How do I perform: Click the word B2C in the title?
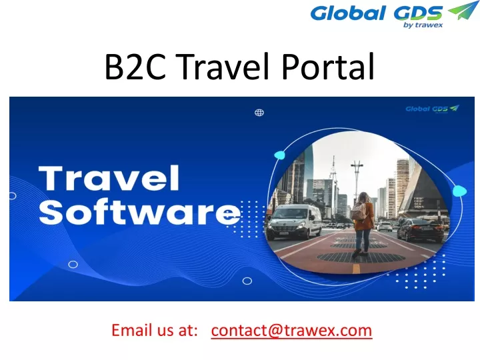(135, 67)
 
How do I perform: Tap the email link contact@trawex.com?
(291, 331)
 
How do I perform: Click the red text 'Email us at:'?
(155, 331)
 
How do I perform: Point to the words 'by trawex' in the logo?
(423, 25)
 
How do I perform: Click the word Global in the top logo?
(348, 13)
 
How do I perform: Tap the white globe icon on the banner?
(259, 113)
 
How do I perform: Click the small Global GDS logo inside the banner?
(432, 109)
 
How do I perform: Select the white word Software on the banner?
(139, 212)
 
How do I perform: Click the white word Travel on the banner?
(109, 178)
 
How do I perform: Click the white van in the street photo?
(294, 221)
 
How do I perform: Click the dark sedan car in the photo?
(421, 230)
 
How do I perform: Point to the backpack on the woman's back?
(359, 211)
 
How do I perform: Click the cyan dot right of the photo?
(459, 191)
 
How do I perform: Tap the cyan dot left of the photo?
(279, 155)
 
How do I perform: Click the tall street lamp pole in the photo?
(357, 181)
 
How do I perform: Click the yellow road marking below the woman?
(356, 269)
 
